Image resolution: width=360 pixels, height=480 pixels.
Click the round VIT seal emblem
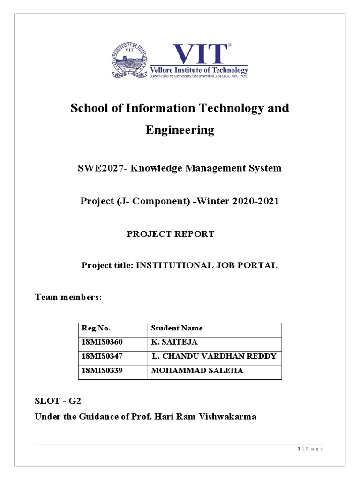pos(129,60)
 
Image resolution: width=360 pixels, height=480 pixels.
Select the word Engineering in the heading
pos(180,130)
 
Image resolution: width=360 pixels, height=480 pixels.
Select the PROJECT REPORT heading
pos(170,234)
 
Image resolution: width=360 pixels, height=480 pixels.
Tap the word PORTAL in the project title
pos(260,265)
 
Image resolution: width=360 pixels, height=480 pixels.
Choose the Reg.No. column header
pos(96,328)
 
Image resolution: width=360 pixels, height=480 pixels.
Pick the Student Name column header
pos(177,328)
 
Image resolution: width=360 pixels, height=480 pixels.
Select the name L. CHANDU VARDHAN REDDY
pos(214,356)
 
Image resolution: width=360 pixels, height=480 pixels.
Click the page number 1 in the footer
pos(298,449)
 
